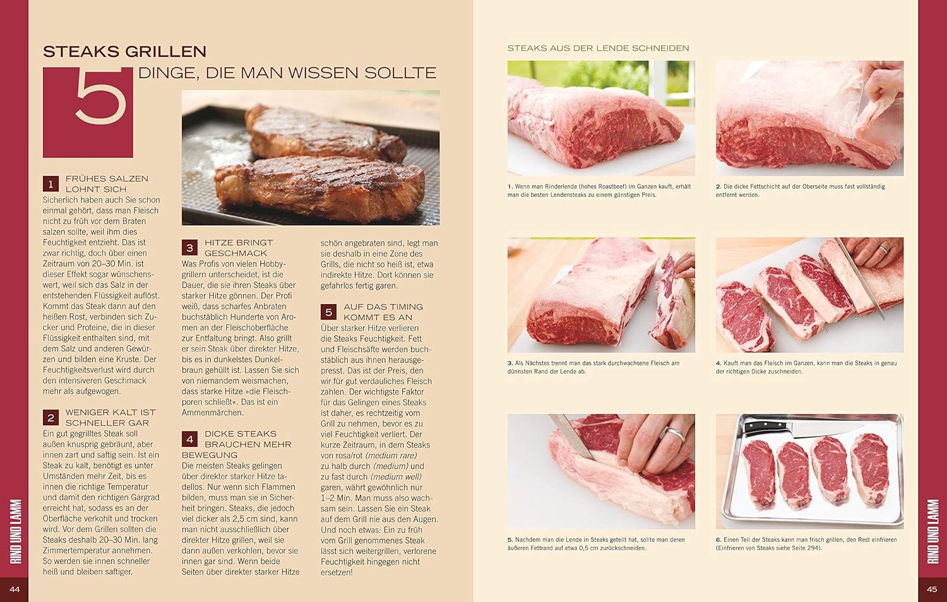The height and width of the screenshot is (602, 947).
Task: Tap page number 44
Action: click(x=15, y=589)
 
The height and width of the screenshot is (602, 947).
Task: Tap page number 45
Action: click(x=932, y=589)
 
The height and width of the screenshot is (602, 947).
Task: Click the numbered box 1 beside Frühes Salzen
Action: click(x=51, y=184)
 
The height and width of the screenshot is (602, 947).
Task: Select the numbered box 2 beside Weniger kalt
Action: click(x=51, y=418)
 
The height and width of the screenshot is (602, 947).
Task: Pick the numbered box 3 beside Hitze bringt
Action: click(x=190, y=248)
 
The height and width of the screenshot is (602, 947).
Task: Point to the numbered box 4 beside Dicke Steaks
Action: click(x=190, y=439)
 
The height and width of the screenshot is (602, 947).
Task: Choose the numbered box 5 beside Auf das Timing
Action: click(x=328, y=312)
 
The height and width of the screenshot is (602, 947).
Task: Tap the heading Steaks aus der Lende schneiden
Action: click(x=599, y=48)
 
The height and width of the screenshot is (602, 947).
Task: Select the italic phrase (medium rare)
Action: click(x=391, y=456)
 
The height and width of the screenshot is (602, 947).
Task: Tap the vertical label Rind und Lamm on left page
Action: click(x=15, y=531)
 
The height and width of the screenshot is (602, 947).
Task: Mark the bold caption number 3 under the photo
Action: click(x=510, y=363)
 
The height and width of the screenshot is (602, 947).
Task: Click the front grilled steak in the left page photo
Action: click(x=320, y=188)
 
